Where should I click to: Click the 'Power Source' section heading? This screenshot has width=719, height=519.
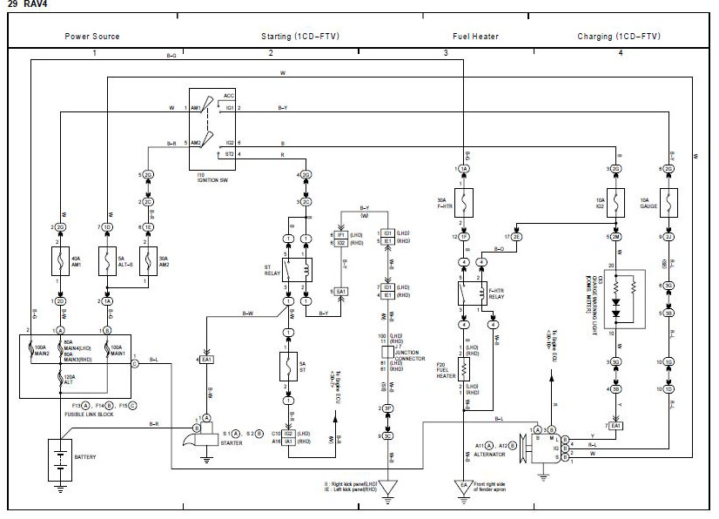(92, 36)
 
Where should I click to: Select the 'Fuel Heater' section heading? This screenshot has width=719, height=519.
(475, 36)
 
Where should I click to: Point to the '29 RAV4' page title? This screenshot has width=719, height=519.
(27, 5)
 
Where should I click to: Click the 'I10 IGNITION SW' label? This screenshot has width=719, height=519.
(213, 179)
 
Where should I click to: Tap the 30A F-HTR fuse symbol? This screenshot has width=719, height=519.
(464, 202)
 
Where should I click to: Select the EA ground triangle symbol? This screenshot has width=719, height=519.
(463, 487)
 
